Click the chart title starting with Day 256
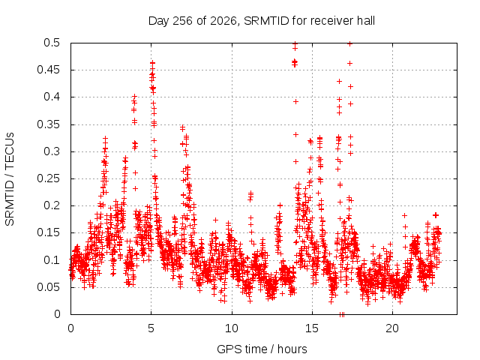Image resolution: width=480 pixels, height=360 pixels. tap(262, 21)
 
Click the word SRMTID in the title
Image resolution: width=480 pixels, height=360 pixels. tap(266, 21)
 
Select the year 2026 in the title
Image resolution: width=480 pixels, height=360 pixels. tap(223, 21)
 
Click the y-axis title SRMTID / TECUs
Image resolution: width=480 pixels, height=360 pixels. tap(10, 179)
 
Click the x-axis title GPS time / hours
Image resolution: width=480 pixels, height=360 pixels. tap(262, 349)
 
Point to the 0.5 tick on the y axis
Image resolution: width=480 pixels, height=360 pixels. tap(52, 43)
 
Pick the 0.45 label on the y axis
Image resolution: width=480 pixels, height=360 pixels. tap(48, 70)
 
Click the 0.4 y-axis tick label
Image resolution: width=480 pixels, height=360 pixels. tap(52, 97)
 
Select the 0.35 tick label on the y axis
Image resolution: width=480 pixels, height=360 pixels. tap(48, 124)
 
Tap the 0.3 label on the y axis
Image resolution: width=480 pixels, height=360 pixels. tap(52, 151)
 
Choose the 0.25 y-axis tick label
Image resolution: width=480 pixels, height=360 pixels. tap(48, 178)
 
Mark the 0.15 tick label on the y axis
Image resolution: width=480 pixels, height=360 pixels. tap(48, 232)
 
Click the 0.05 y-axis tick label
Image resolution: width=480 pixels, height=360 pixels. tap(48, 287)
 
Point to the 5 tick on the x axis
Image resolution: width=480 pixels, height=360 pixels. tap(151, 328)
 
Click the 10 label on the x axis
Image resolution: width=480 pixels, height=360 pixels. tap(232, 328)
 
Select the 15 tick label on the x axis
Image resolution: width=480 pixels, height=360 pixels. tap(312, 328)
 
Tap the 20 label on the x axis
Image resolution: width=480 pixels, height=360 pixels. tap(392, 328)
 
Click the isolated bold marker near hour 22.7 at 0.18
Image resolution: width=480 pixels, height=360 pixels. tap(436, 215)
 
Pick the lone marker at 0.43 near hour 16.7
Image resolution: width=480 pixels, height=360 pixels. tap(339, 82)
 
